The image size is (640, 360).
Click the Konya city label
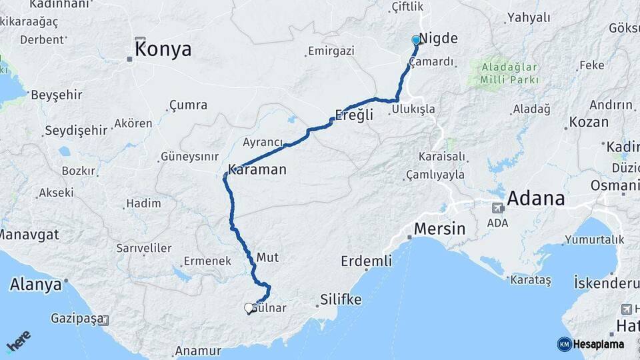point(163,49)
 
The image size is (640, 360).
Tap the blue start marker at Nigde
point(416,40)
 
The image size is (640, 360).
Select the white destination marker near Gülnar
point(249,308)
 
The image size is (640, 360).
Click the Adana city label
point(536,199)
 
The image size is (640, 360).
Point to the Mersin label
point(439,229)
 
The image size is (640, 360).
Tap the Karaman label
point(257,170)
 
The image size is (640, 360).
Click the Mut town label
point(267,257)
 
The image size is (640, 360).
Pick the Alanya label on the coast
point(35,285)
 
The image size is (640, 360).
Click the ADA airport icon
point(497,208)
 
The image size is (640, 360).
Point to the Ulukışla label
point(413,109)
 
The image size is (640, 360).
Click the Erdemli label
point(366,261)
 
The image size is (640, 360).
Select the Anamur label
point(197,351)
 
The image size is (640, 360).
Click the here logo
point(19,342)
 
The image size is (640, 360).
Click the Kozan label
point(588,123)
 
